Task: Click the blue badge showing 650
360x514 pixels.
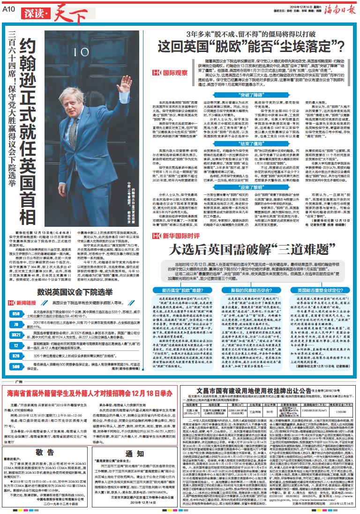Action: click(x=15, y=300)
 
